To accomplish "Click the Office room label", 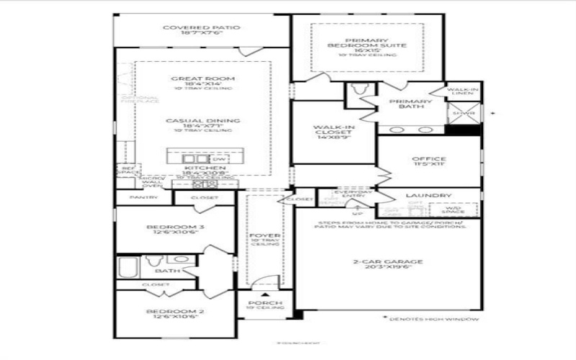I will (x=428, y=159).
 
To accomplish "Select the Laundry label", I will (x=428, y=195).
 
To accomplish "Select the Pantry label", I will (x=143, y=197).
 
